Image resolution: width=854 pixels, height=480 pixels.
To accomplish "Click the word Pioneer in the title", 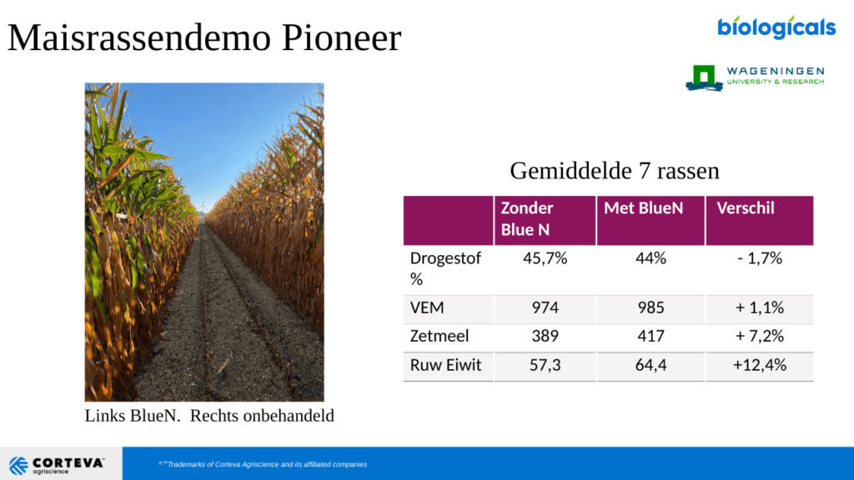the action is [x=341, y=38].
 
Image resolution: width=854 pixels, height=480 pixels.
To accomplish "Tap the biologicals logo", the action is [x=776, y=27].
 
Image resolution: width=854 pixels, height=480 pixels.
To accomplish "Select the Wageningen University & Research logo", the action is [x=755, y=77].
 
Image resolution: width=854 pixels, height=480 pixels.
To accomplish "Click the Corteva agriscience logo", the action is [x=57, y=465].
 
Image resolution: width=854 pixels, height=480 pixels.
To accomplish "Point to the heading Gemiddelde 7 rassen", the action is [x=615, y=171].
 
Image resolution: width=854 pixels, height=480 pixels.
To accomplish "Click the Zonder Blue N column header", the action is [x=527, y=219].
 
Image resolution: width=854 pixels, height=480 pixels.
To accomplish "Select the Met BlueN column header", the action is [x=643, y=207].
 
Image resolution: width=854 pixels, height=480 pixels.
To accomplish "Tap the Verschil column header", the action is [x=745, y=207].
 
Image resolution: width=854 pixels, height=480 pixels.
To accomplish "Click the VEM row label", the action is [x=427, y=308].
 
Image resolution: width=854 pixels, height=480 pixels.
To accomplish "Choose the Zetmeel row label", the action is [x=439, y=337].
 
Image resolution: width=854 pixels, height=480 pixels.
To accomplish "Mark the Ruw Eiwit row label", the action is [x=445, y=365].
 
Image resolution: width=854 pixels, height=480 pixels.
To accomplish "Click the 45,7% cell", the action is [x=545, y=258].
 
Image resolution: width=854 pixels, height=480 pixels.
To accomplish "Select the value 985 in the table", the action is [x=651, y=308].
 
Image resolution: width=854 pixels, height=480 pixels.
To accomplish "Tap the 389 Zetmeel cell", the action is [x=545, y=337].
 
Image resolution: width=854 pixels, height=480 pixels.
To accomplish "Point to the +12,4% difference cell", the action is [x=760, y=365].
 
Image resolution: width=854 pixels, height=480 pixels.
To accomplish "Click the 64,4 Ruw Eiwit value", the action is [x=651, y=365].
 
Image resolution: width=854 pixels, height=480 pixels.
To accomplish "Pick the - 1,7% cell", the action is [x=760, y=258].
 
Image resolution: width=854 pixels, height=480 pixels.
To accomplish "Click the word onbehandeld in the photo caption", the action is [x=262, y=416].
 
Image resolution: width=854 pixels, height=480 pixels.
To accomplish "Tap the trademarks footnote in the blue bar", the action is [x=263, y=464].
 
